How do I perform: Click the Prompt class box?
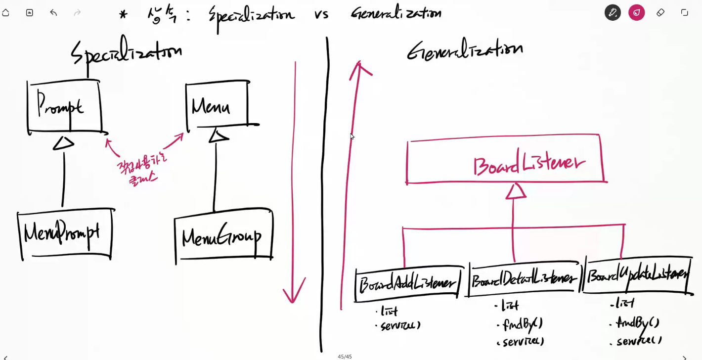(x=64, y=107)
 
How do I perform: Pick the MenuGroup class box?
(x=223, y=236)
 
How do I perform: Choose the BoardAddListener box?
(x=408, y=284)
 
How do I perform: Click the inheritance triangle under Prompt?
(x=63, y=143)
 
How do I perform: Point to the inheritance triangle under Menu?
(x=218, y=135)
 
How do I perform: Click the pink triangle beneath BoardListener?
(x=515, y=191)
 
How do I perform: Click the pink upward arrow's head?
(x=360, y=69)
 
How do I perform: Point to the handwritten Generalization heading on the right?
(x=465, y=50)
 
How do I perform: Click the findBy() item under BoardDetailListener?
(x=522, y=324)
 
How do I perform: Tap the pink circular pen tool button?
(x=636, y=12)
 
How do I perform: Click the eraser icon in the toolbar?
(x=660, y=12)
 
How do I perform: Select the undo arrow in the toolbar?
(x=53, y=12)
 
